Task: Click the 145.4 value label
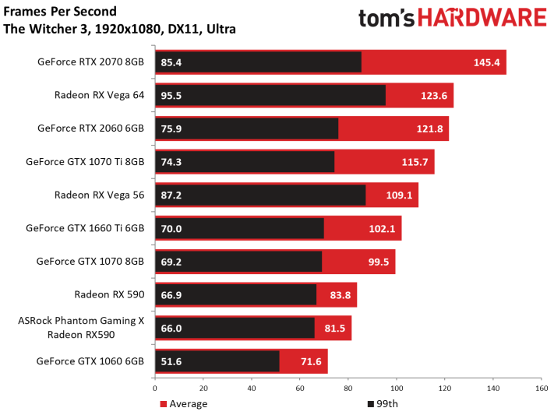[486, 62]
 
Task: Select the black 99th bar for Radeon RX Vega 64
[270, 95]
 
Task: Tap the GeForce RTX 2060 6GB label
[91, 128]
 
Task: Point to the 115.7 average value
[415, 162]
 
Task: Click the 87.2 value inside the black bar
[171, 195]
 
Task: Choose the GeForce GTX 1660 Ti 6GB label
[85, 228]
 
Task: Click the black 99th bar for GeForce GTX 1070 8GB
[238, 262]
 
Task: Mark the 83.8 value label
[341, 295]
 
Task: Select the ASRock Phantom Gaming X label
[81, 320]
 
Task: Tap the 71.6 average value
[311, 362]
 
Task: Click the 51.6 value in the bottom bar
[171, 362]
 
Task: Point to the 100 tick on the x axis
[397, 389]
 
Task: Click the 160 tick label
[542, 389]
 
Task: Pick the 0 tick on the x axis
[155, 389]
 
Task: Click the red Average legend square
[163, 404]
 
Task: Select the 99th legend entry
[383, 403]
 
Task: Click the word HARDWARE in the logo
[482, 18]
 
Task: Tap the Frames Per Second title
[60, 12]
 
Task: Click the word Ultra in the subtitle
[221, 29]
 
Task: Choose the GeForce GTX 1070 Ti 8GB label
[85, 161]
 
